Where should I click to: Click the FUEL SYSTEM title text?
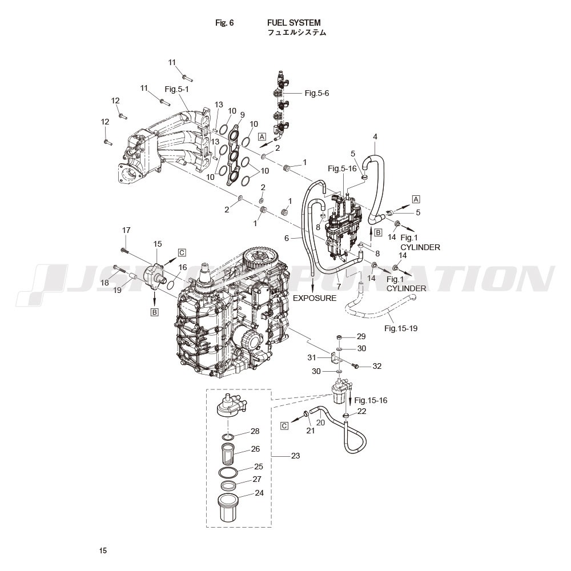tap(294, 23)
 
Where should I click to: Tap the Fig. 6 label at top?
tap(224, 23)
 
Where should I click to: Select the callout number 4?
tap(375, 137)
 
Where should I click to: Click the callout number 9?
tap(242, 115)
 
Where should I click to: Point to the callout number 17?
tap(126, 230)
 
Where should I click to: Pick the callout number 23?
tap(295, 456)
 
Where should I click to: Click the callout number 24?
tap(259, 493)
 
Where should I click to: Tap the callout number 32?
tap(377, 366)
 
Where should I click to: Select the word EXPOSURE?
tap(315, 298)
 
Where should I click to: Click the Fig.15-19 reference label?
tap(401, 328)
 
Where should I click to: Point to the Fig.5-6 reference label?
tap(317, 93)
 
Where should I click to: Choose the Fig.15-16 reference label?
tap(371, 400)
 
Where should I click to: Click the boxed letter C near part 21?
tap(284, 426)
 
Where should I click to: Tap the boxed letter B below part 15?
tap(154, 312)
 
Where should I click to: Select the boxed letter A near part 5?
tap(416, 199)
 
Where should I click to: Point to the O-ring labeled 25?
tap(228, 472)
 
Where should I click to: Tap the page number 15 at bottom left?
tap(103, 550)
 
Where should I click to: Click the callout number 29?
tap(361, 336)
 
